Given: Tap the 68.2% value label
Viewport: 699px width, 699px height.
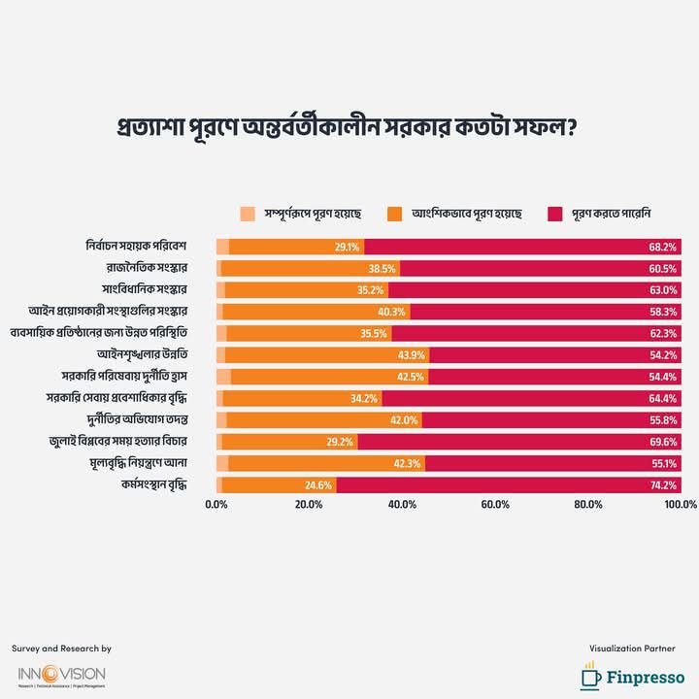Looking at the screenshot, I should click(x=662, y=248).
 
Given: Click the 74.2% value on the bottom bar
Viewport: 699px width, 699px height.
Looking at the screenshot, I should click(x=662, y=483).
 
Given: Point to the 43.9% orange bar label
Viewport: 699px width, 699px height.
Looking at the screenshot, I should click(x=411, y=354).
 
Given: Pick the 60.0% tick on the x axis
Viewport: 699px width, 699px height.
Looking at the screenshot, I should click(x=495, y=505).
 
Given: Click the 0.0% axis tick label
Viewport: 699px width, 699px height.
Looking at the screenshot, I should click(x=217, y=505).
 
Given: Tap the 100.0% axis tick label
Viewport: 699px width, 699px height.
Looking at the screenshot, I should click(x=681, y=505).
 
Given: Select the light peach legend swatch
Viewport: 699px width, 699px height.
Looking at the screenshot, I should click(x=249, y=214).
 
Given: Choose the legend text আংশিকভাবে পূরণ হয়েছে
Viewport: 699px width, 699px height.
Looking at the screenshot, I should click(x=466, y=214).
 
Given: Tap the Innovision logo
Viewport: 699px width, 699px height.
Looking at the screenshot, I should click(x=61, y=676).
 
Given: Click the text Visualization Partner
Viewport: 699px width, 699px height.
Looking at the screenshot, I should click(x=632, y=648).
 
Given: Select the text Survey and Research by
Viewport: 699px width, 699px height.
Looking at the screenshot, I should click(x=61, y=648).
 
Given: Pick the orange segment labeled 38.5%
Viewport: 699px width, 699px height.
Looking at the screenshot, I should click(x=311, y=269).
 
